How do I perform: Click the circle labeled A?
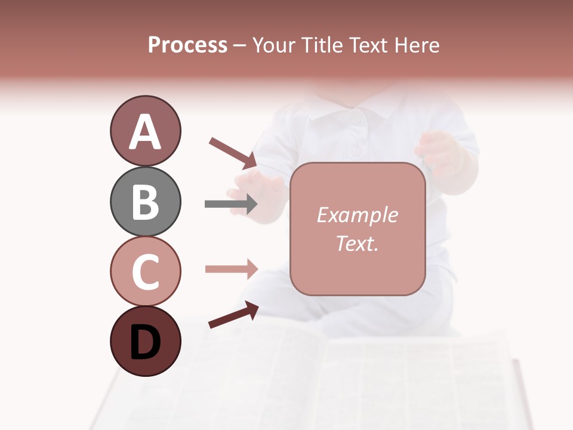(x=145, y=131)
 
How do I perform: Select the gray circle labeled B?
(x=145, y=201)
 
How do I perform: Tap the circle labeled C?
(x=145, y=271)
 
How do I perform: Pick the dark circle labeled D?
(x=145, y=341)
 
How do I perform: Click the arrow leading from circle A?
(x=233, y=152)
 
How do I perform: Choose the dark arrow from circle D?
(x=233, y=315)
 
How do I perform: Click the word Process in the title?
(x=187, y=45)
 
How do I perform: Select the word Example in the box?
(x=357, y=215)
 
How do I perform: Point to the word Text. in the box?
(x=357, y=243)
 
